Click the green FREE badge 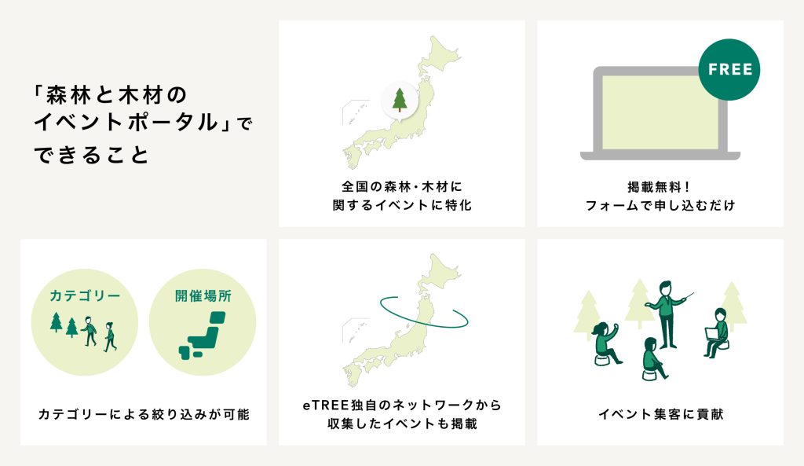tap(729, 69)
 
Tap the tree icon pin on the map tap(400, 101)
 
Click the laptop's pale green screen tap(660, 112)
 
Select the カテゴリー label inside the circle tap(85, 295)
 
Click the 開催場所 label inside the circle tap(203, 295)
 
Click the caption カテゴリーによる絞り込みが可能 tap(144, 414)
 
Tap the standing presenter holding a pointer tap(667, 314)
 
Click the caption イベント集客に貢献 tap(660, 414)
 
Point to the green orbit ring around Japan tap(423, 326)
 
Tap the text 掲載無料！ tap(660, 187)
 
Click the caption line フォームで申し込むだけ tap(660, 205)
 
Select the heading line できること tap(91, 155)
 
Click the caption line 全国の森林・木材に tap(402, 187)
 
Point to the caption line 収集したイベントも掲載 tap(402, 424)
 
